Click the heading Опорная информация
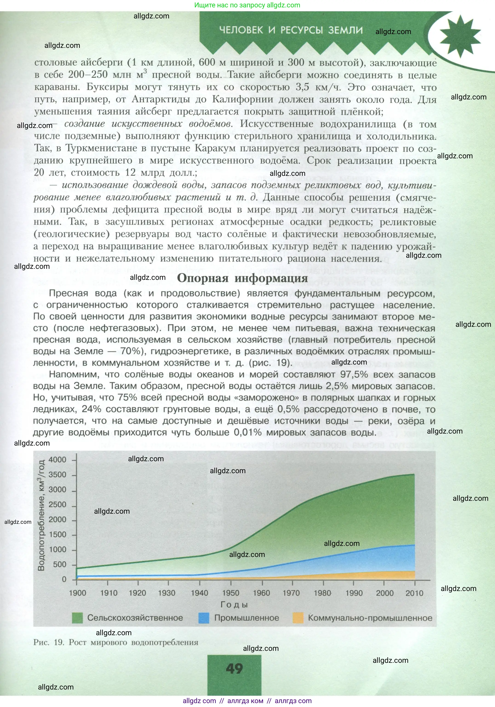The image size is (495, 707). pyautogui.click(x=242, y=278)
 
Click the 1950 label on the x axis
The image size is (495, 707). pyautogui.click(x=231, y=593)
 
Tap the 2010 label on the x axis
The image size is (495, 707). pyautogui.click(x=414, y=593)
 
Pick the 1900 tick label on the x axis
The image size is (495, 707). pyautogui.click(x=77, y=593)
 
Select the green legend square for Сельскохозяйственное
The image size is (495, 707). pyautogui.click(x=77, y=618)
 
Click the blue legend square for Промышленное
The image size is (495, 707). pyautogui.click(x=204, y=618)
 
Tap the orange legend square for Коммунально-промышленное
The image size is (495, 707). pyautogui.click(x=298, y=618)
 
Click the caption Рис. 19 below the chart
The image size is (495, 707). pyautogui.click(x=116, y=643)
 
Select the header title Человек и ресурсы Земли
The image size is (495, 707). pyautogui.click(x=291, y=30)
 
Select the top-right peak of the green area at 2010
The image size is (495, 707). pyautogui.click(x=414, y=475)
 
